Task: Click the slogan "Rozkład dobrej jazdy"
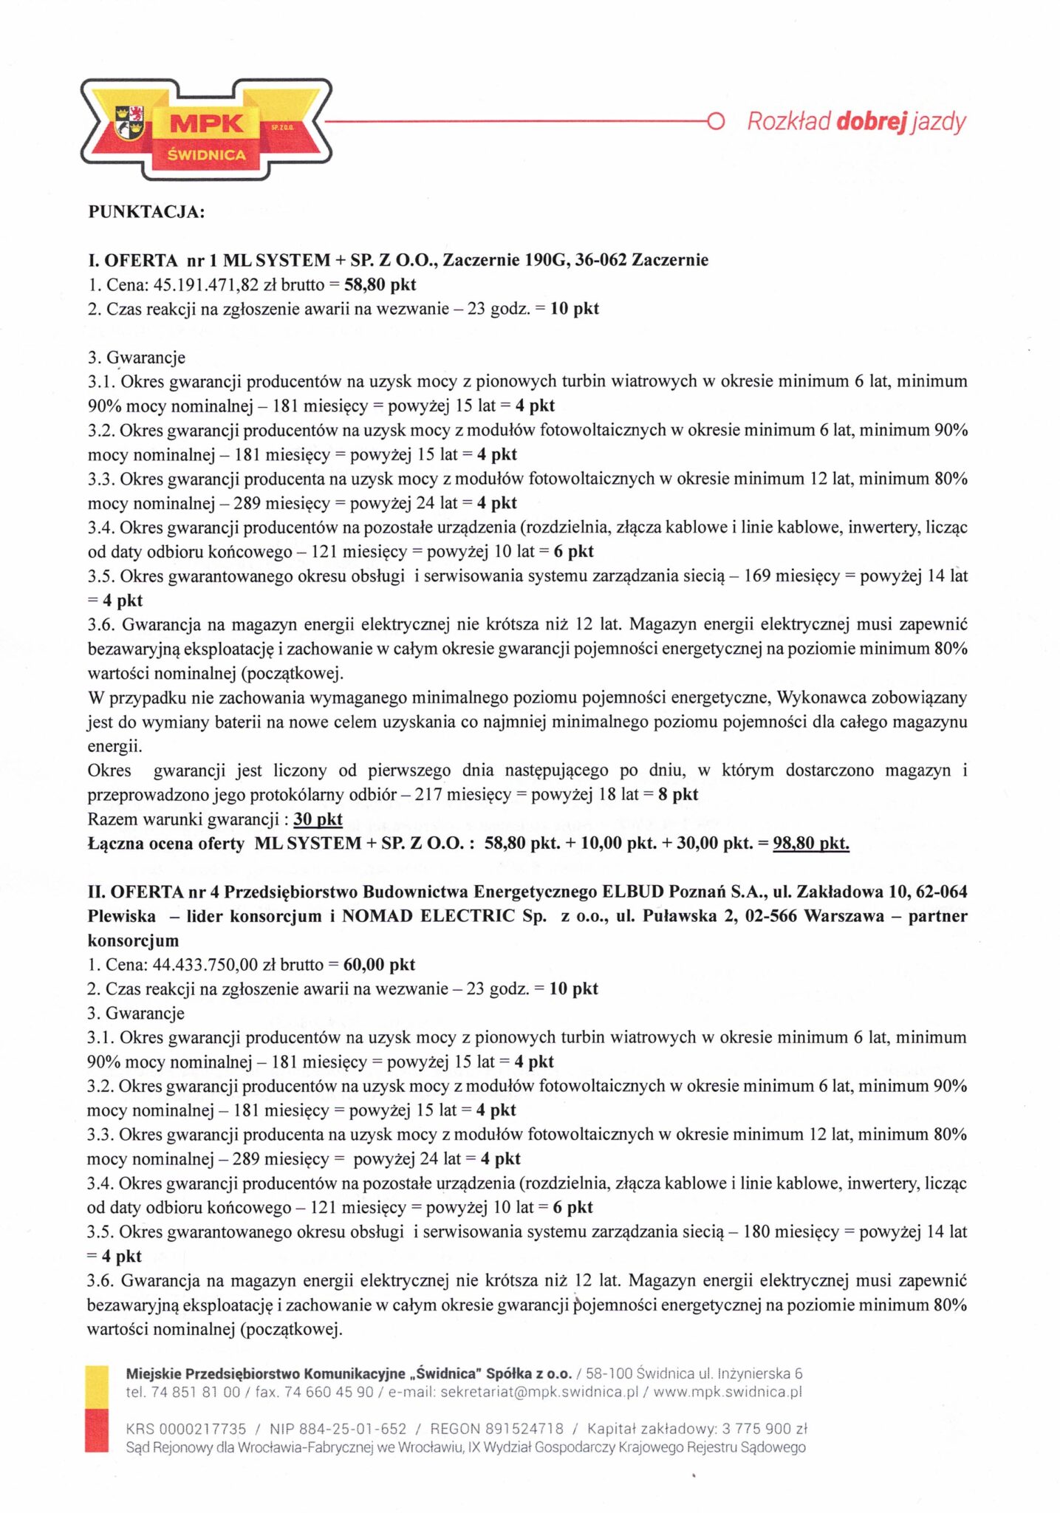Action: coord(856,121)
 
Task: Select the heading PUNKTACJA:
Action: coord(146,212)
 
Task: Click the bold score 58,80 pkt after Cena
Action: coord(380,284)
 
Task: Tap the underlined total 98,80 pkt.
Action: coord(810,843)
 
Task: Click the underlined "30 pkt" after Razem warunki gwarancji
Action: coord(318,819)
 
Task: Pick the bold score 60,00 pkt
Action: coord(379,964)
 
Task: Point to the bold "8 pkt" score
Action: coord(678,794)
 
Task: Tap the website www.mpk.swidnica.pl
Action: coord(728,1392)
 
